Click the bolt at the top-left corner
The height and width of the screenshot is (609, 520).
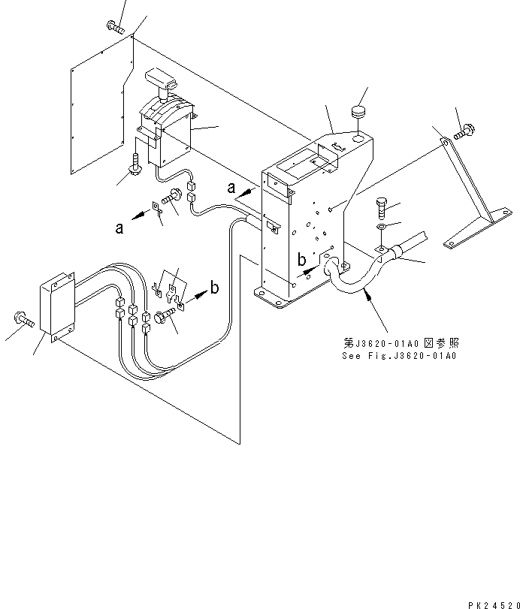coord(115,27)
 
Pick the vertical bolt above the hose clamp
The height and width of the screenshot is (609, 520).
coord(381,207)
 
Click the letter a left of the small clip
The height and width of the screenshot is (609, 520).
coord(119,228)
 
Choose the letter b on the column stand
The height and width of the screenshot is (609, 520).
coord(301,261)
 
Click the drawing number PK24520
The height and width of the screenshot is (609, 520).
coord(489,603)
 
